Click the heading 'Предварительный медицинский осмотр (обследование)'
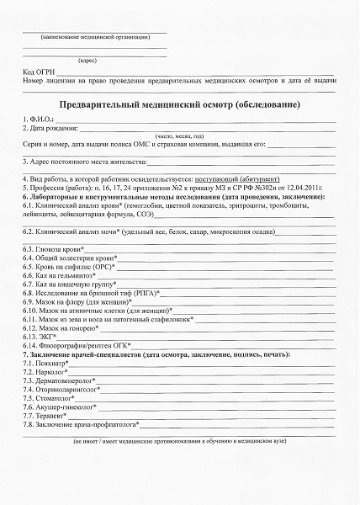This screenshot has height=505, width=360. click(180, 104)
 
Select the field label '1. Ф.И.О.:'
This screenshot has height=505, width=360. click(40, 120)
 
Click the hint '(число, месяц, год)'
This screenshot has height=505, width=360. click(180, 136)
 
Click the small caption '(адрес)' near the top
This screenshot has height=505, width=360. click(87, 61)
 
